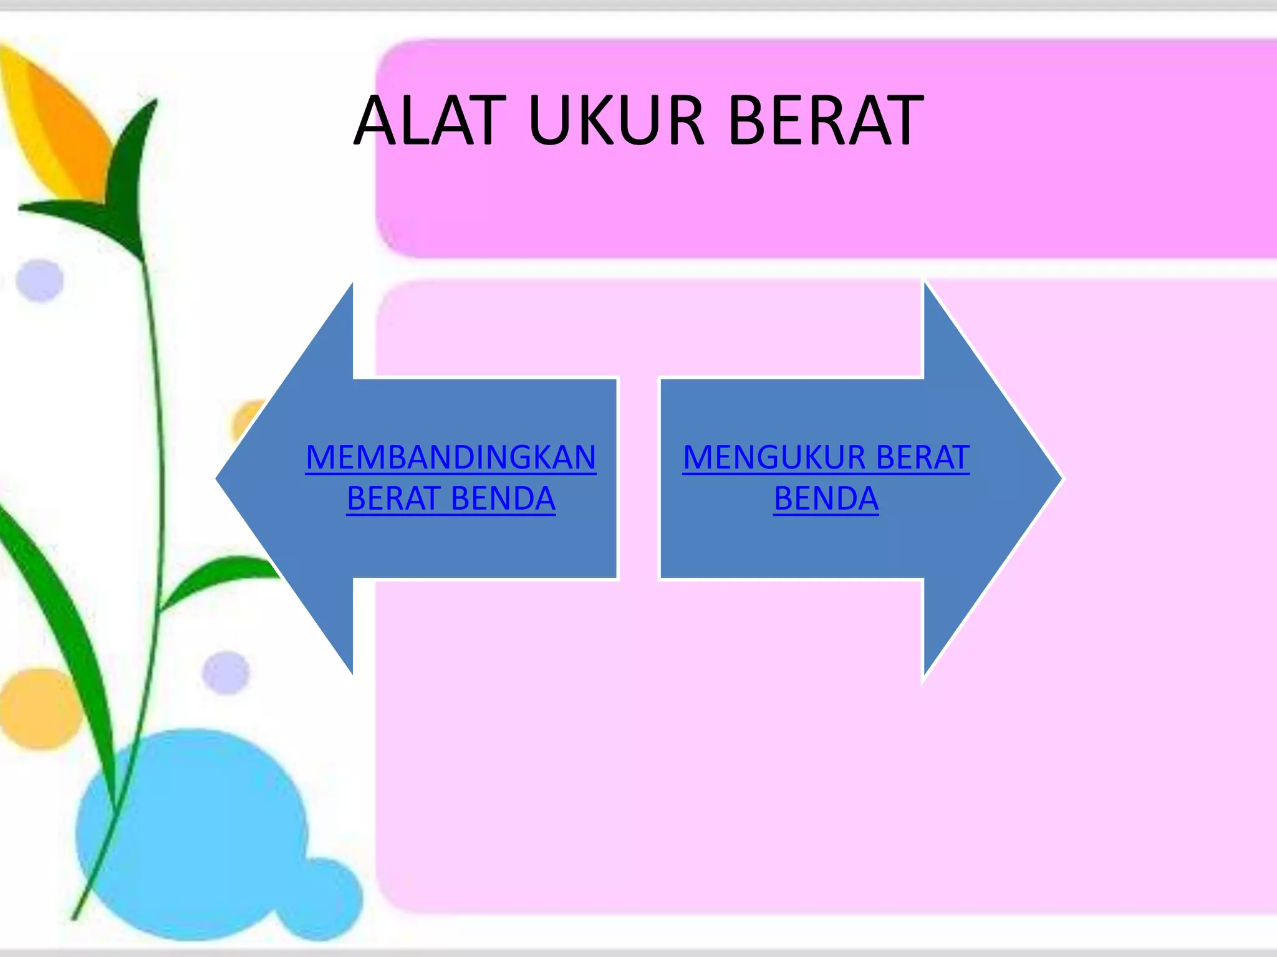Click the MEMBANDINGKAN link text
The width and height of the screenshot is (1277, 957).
pyautogui.click(x=451, y=458)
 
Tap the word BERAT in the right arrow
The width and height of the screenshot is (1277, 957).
pyautogui.click(x=923, y=458)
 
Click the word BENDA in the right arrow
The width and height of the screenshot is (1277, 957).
pyautogui.click(x=826, y=498)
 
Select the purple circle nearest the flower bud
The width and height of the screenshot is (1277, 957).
pyautogui.click(x=40, y=280)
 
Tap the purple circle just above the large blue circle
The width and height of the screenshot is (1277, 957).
pyautogui.click(x=226, y=673)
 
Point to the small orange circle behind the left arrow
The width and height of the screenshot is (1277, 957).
pyautogui.click(x=247, y=419)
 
